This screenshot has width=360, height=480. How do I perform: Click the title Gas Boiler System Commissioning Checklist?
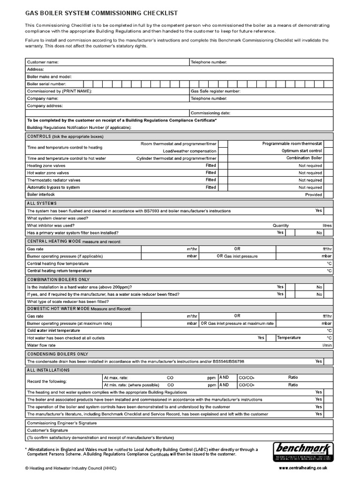tap(101, 14)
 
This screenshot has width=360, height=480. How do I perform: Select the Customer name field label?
tap(43, 62)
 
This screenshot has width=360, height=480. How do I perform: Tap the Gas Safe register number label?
tap(215, 91)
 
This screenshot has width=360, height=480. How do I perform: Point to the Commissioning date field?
tap(281, 113)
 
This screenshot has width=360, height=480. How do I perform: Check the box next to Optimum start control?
tap(329, 151)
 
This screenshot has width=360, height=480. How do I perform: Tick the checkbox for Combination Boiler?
tap(329, 158)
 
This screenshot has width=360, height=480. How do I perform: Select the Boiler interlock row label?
tap(41, 195)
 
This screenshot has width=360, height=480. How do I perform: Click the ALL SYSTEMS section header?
tap(42, 203)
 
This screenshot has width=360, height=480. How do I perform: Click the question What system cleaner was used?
tap(58, 218)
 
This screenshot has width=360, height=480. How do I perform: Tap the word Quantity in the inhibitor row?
tap(281, 225)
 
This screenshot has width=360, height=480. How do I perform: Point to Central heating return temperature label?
tap(60, 271)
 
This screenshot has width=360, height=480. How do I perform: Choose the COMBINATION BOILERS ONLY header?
tap(58, 279)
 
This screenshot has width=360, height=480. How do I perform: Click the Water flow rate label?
tap(41, 345)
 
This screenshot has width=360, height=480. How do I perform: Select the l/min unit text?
tap(327, 345)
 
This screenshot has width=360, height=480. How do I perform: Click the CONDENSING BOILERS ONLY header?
tap(57, 354)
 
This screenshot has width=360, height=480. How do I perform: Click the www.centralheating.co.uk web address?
tap(303, 468)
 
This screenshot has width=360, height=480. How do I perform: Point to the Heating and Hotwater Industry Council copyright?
tap(71, 468)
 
